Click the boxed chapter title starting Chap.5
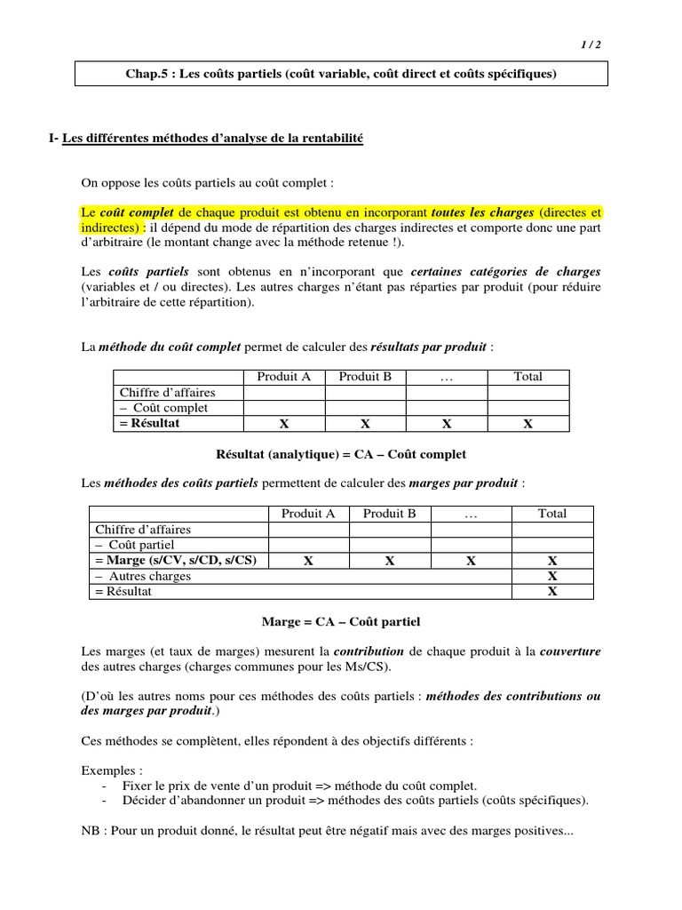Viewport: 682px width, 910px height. [x=341, y=74]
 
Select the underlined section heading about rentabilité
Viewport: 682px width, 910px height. [x=213, y=139]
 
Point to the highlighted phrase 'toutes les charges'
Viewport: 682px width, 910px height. [x=482, y=212]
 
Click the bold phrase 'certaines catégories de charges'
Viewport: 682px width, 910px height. [x=517, y=271]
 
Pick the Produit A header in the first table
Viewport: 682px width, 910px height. [x=284, y=377]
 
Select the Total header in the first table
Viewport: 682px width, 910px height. [x=527, y=377]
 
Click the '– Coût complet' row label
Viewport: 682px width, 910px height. [x=164, y=408]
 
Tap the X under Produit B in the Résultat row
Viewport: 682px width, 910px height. [x=365, y=424]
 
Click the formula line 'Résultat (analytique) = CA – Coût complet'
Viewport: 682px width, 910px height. [x=341, y=454]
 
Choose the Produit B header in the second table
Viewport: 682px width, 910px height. [x=390, y=514]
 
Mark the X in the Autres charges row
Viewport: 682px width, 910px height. [x=552, y=576]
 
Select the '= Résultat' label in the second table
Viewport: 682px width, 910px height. [x=123, y=591]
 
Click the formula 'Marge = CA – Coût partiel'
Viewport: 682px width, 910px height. [x=341, y=621]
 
